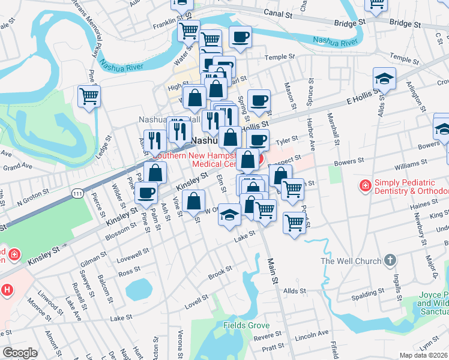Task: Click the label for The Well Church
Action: (x=351, y=261)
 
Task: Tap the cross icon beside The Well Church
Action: (x=390, y=260)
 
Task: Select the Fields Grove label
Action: (x=244, y=325)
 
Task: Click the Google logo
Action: (x=20, y=353)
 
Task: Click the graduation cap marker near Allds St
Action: (x=384, y=79)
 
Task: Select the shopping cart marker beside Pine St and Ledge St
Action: (x=89, y=95)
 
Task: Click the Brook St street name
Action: (x=220, y=272)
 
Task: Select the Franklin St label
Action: (x=168, y=26)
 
